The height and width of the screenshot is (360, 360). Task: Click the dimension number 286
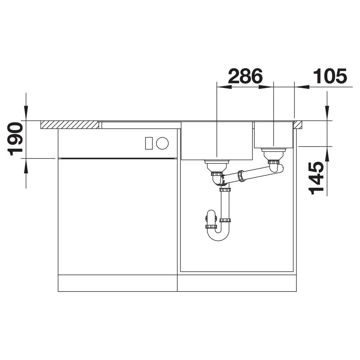click(x=245, y=76)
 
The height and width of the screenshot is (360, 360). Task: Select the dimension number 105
click(x=330, y=76)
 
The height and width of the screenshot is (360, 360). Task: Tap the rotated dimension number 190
click(x=15, y=139)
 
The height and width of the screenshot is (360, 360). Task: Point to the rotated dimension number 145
click(x=316, y=178)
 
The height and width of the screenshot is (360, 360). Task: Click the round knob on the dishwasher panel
click(x=162, y=143)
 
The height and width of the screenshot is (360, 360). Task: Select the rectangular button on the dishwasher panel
click(x=149, y=143)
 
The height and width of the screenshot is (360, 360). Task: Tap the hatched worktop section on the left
click(x=70, y=125)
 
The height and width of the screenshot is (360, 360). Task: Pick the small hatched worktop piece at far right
click(x=299, y=125)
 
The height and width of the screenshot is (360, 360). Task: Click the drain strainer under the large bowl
click(x=217, y=166)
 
